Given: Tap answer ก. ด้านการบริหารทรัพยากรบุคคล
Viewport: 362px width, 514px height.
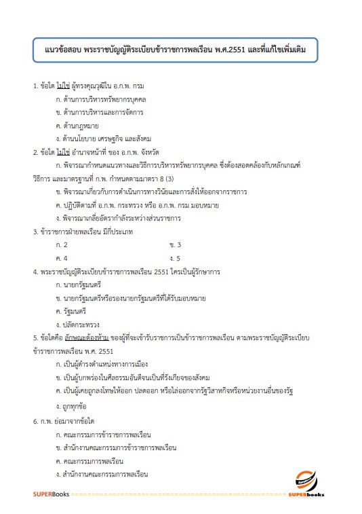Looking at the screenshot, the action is click(x=102, y=100).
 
